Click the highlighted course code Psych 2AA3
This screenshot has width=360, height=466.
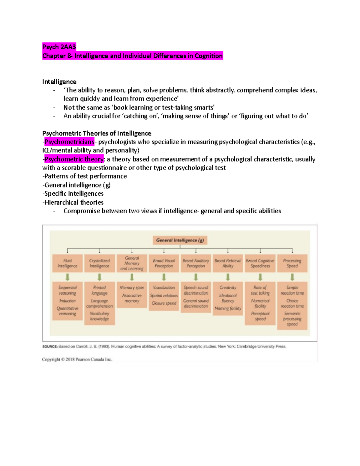click(x=59, y=47)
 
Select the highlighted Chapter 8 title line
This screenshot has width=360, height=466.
click(x=133, y=56)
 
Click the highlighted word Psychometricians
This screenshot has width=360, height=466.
click(x=69, y=142)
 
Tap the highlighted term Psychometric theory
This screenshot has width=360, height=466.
click(x=74, y=159)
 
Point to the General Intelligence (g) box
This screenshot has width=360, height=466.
click(x=180, y=240)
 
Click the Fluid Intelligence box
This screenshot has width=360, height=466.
click(x=67, y=263)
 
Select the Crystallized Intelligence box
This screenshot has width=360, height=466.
click(x=100, y=263)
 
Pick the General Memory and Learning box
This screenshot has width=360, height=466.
click(x=132, y=263)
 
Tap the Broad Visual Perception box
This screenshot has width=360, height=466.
click(x=164, y=263)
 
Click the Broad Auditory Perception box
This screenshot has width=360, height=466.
click(x=196, y=263)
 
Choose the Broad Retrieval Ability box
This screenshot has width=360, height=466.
click(x=228, y=263)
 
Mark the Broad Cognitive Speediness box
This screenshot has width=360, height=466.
click(x=260, y=263)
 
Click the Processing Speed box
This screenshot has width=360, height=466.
click(x=292, y=263)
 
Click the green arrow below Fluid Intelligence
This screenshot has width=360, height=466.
click(x=67, y=277)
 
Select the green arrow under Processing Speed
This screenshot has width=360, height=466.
click(x=292, y=277)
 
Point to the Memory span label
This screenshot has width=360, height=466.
click(x=132, y=287)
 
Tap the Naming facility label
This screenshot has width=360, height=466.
click(x=228, y=308)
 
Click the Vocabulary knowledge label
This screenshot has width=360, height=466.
click(x=100, y=316)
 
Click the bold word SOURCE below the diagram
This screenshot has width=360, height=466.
click(x=50, y=346)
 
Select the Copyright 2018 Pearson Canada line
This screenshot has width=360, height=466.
click(x=77, y=359)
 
